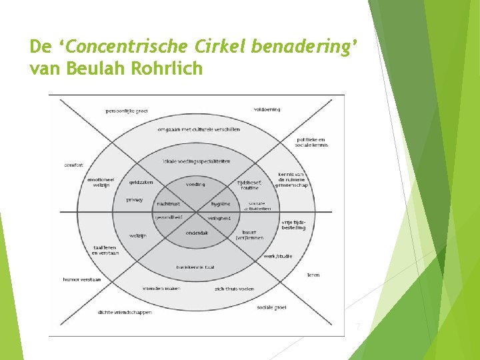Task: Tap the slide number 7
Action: click(358, 327)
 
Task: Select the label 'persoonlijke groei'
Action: click(127, 111)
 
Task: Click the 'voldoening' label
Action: click(266, 109)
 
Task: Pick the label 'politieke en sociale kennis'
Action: click(311, 142)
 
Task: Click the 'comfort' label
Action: click(73, 165)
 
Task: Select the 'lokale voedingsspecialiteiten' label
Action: click(195, 161)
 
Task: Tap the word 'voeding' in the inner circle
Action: click(195, 184)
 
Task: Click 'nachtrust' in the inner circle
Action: click(169, 204)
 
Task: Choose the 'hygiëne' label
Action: click(221, 204)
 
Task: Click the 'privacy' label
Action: click(134, 199)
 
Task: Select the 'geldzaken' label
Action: click(141, 182)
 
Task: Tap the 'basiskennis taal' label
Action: click(195, 267)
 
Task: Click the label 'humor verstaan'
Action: click(82, 279)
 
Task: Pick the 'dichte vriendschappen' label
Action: click(125, 312)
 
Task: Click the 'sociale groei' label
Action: click(271, 308)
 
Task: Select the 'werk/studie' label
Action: click(278, 256)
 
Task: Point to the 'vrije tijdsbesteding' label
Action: click(293, 225)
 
